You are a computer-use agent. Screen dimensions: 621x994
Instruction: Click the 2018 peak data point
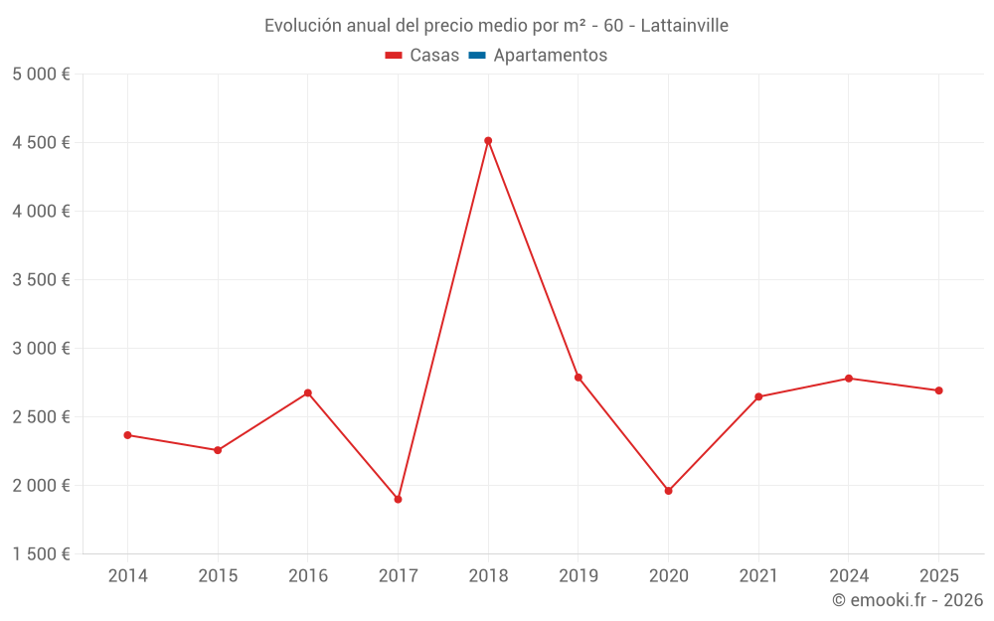[488, 141]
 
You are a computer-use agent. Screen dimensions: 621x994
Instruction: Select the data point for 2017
[398, 499]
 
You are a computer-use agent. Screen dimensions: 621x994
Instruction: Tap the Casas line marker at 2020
[668, 491]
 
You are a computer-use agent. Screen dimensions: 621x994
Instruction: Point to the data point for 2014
[127, 435]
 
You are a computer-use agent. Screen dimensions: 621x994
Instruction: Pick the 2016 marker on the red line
[308, 392]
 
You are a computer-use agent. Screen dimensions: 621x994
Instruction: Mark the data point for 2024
[849, 379]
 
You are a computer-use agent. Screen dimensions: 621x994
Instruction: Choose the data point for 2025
[938, 390]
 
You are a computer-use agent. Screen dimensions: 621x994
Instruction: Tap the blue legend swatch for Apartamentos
[476, 56]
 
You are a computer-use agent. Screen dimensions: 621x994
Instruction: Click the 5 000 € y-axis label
[41, 75]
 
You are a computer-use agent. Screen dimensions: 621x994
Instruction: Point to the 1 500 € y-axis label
[41, 554]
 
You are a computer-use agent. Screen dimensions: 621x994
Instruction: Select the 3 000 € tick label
[41, 349]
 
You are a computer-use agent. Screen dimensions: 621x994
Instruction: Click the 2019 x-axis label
[578, 576]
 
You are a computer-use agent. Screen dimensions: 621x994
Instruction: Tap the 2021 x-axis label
[758, 576]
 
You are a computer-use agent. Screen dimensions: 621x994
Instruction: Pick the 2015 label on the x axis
[218, 576]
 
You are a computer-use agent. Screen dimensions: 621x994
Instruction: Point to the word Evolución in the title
[302, 26]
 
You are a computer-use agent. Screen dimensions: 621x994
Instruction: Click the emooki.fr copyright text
[908, 600]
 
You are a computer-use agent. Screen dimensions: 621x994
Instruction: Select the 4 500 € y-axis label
[41, 143]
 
